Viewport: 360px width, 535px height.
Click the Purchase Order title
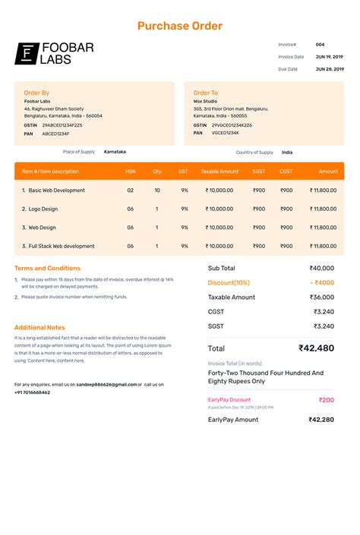tap(180, 26)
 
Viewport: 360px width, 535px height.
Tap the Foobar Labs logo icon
tap(27, 53)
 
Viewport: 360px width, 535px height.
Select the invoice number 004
tap(320, 45)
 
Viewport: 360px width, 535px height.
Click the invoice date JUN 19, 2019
tap(330, 57)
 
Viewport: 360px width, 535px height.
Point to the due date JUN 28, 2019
tap(330, 69)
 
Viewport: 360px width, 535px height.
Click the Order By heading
tap(36, 93)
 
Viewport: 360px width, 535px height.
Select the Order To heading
tap(205, 93)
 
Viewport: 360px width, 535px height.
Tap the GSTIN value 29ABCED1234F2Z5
tap(62, 124)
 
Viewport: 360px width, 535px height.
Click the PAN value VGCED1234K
tap(225, 133)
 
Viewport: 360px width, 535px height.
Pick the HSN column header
tap(131, 172)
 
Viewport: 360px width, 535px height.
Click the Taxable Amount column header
tap(219, 172)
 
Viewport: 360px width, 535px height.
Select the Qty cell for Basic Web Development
tap(157, 190)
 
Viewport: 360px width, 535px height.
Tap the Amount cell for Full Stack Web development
tap(323, 246)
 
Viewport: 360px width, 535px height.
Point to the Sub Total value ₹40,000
tap(321, 268)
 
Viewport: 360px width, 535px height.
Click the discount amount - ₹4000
tap(321, 282)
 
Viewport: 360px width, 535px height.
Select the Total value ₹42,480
tap(316, 348)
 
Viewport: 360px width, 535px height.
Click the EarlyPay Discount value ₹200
tap(326, 400)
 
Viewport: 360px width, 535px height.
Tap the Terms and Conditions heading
tap(47, 268)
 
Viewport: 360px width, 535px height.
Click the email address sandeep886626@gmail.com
tap(106, 385)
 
